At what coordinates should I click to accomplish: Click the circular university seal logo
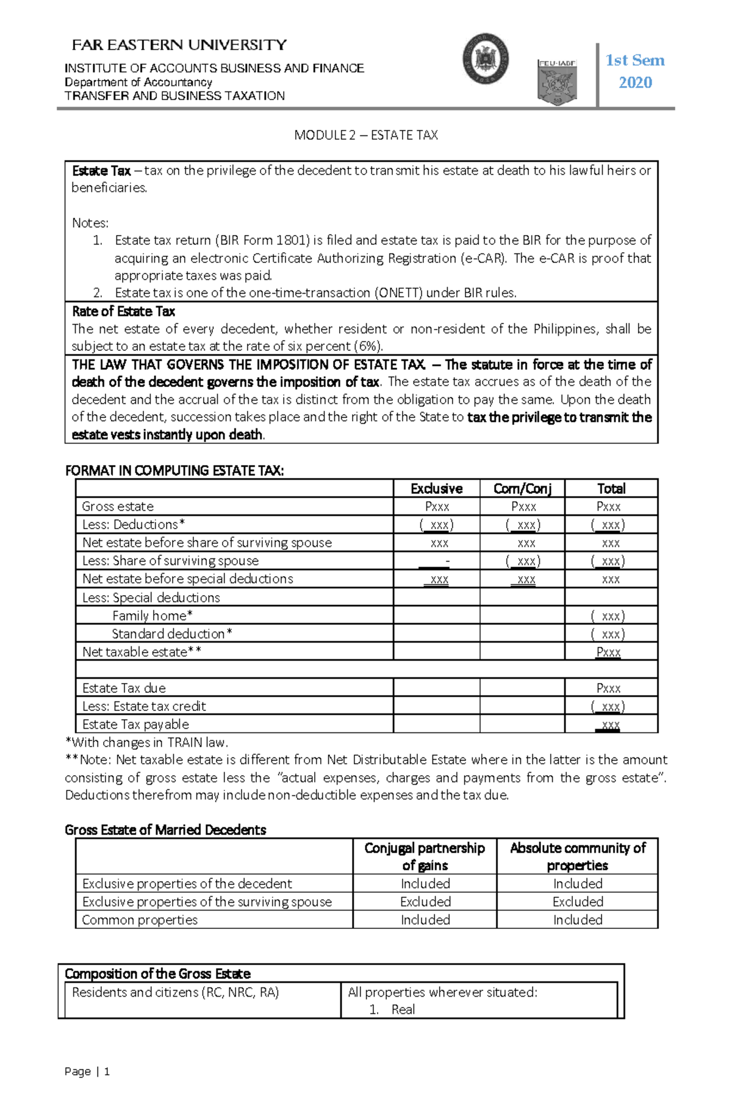pyautogui.click(x=486, y=59)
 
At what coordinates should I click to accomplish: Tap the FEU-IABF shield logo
pyautogui.click(x=556, y=82)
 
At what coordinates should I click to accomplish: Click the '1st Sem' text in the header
pyautogui.click(x=634, y=60)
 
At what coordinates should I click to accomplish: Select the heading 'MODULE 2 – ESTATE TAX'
pyautogui.click(x=366, y=135)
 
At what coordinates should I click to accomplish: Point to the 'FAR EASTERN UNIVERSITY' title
pyautogui.click(x=179, y=45)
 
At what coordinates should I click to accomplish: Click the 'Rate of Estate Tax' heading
pyautogui.click(x=124, y=311)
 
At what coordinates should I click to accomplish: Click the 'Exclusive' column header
pyautogui.click(x=436, y=488)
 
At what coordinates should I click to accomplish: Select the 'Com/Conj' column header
pyautogui.click(x=522, y=488)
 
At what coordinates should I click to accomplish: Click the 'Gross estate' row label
pyautogui.click(x=118, y=507)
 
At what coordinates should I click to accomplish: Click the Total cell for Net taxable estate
pyautogui.click(x=608, y=652)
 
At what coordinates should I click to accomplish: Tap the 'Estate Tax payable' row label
pyautogui.click(x=135, y=724)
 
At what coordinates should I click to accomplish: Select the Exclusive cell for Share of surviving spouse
pyautogui.click(x=437, y=561)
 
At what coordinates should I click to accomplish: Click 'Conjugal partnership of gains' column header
pyautogui.click(x=425, y=856)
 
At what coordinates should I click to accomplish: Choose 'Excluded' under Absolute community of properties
pyautogui.click(x=578, y=902)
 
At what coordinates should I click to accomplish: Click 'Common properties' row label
pyautogui.click(x=140, y=920)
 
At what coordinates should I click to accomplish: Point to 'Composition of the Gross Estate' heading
pyautogui.click(x=157, y=974)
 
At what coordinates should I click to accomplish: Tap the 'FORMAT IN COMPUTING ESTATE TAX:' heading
pyautogui.click(x=174, y=471)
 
